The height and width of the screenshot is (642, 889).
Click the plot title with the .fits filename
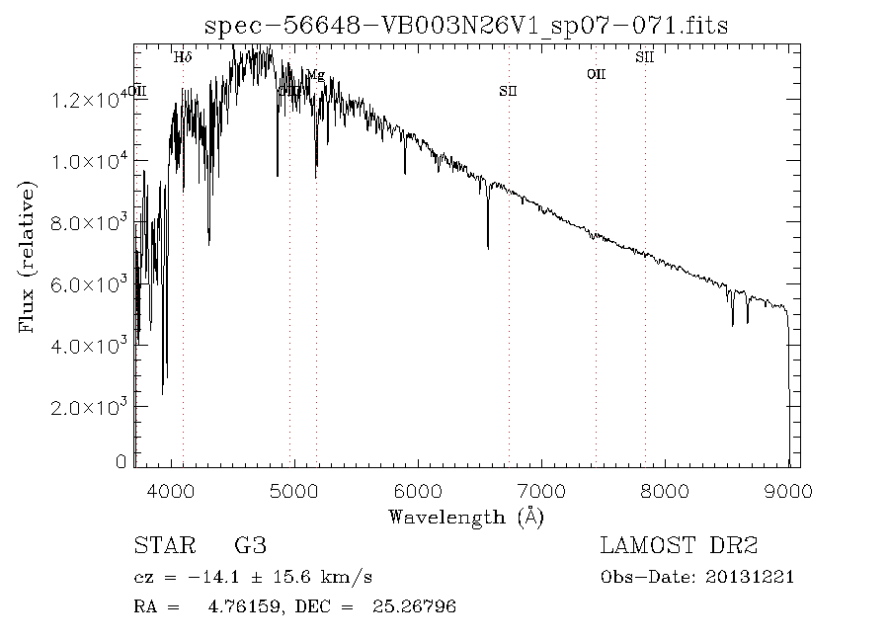pos(465,26)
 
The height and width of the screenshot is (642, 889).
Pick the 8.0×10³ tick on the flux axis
pos(94,222)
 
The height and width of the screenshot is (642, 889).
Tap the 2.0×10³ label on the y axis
pos(94,407)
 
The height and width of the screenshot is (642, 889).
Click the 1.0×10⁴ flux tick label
pos(94,161)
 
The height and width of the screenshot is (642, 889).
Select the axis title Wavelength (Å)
pos(466,517)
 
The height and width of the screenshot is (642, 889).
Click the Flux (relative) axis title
pos(28,257)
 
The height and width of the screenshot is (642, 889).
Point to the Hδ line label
pos(183,57)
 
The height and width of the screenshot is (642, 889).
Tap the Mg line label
pos(315,74)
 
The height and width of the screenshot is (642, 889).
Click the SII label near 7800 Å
pos(645,57)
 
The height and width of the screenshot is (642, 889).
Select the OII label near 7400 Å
pos(596,74)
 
